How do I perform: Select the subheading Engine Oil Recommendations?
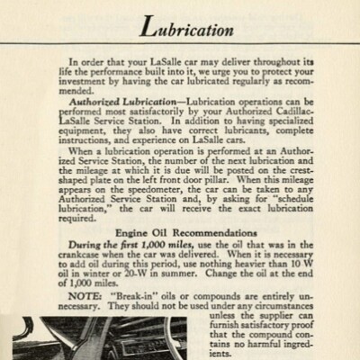[x=180, y=233]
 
